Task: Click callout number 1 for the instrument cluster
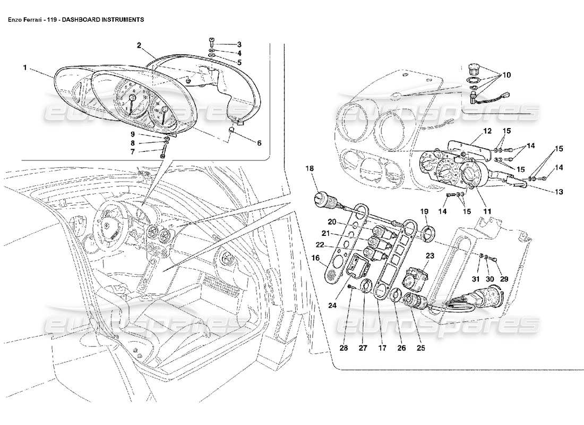(x=25, y=68)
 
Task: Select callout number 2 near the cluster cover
(x=139, y=45)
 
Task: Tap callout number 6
(x=259, y=142)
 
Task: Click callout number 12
(x=487, y=131)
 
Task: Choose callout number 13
(x=560, y=192)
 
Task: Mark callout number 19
(x=425, y=211)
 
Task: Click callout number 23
(x=430, y=256)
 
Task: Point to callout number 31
(x=476, y=279)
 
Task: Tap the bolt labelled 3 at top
(x=212, y=41)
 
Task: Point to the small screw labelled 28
(x=351, y=287)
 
